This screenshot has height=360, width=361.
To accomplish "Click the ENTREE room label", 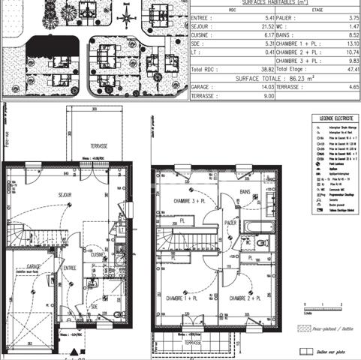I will point(70,267).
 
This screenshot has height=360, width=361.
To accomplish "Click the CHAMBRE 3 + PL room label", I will point(188,203).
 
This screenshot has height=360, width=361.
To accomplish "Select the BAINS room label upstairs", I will point(245,192).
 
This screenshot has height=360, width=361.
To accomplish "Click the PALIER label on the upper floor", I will point(231,223).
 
